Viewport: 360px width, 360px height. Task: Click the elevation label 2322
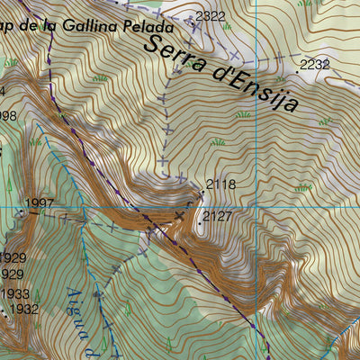(211, 16)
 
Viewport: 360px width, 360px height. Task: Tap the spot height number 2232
(316, 64)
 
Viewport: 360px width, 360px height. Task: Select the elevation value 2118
(220, 184)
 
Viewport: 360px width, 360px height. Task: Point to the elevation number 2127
(218, 216)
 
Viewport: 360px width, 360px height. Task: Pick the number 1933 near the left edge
(14, 293)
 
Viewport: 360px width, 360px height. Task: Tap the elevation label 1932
(22, 309)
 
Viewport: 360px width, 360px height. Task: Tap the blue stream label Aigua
(75, 307)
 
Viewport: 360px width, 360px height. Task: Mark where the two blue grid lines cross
(255, 209)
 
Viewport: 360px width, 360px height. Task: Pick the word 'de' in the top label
(33, 24)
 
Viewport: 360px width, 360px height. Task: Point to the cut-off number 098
(8, 115)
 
